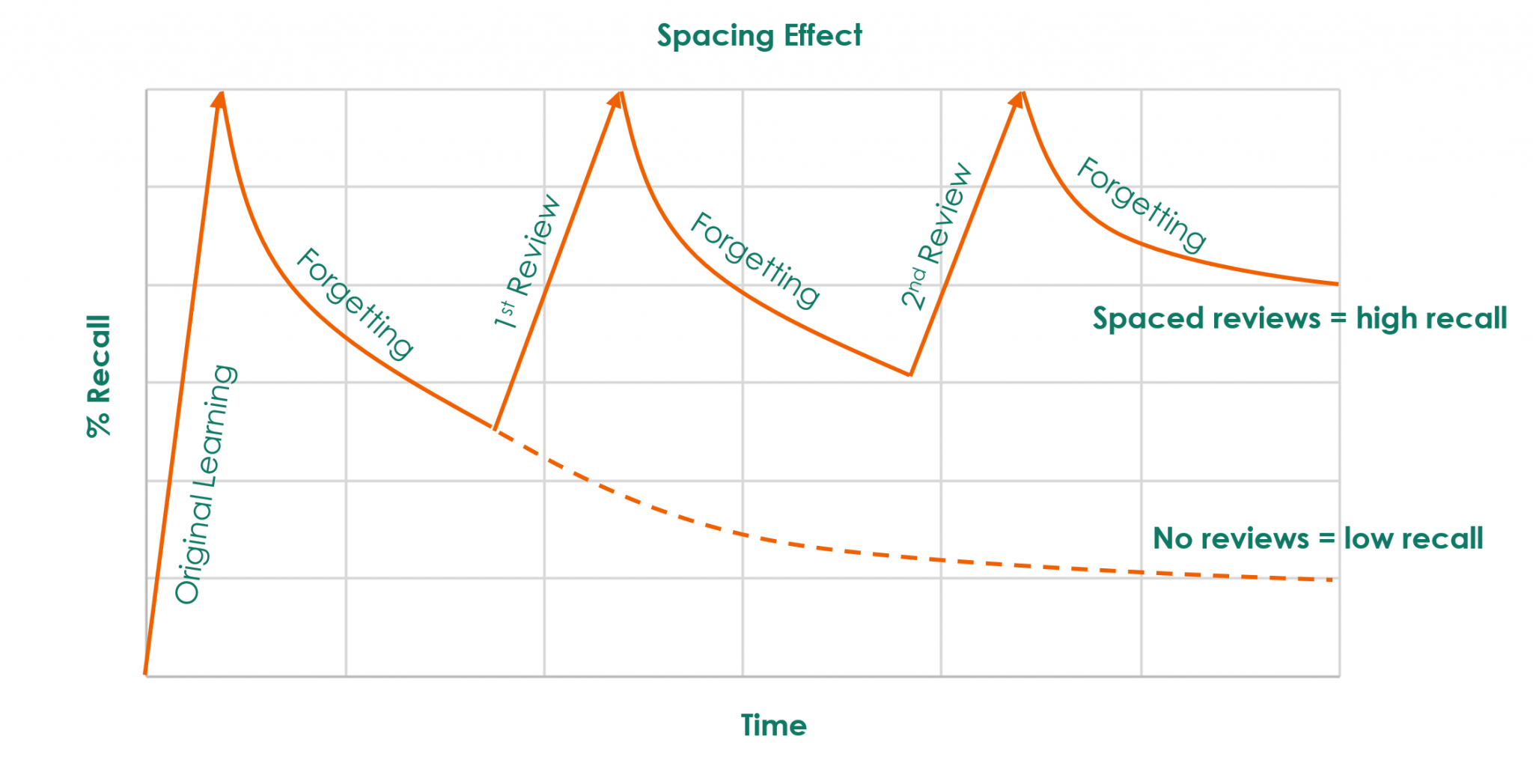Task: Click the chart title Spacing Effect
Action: [x=759, y=36]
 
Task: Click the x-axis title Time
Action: [x=773, y=725]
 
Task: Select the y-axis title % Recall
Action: [x=99, y=376]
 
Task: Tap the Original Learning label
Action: [x=205, y=484]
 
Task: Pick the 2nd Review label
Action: [x=936, y=235]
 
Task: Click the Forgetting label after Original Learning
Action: [x=355, y=303]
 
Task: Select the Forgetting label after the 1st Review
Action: [x=755, y=260]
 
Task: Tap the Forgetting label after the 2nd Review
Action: [x=1141, y=204]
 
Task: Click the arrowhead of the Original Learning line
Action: [x=219, y=98]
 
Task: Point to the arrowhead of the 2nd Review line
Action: [x=1018, y=99]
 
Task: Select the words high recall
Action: [x=1431, y=319]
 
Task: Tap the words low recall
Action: [x=1413, y=538]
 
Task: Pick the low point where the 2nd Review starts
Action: [x=910, y=374]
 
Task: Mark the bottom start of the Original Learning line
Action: [x=146, y=672]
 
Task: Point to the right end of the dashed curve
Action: [x=1332, y=580]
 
